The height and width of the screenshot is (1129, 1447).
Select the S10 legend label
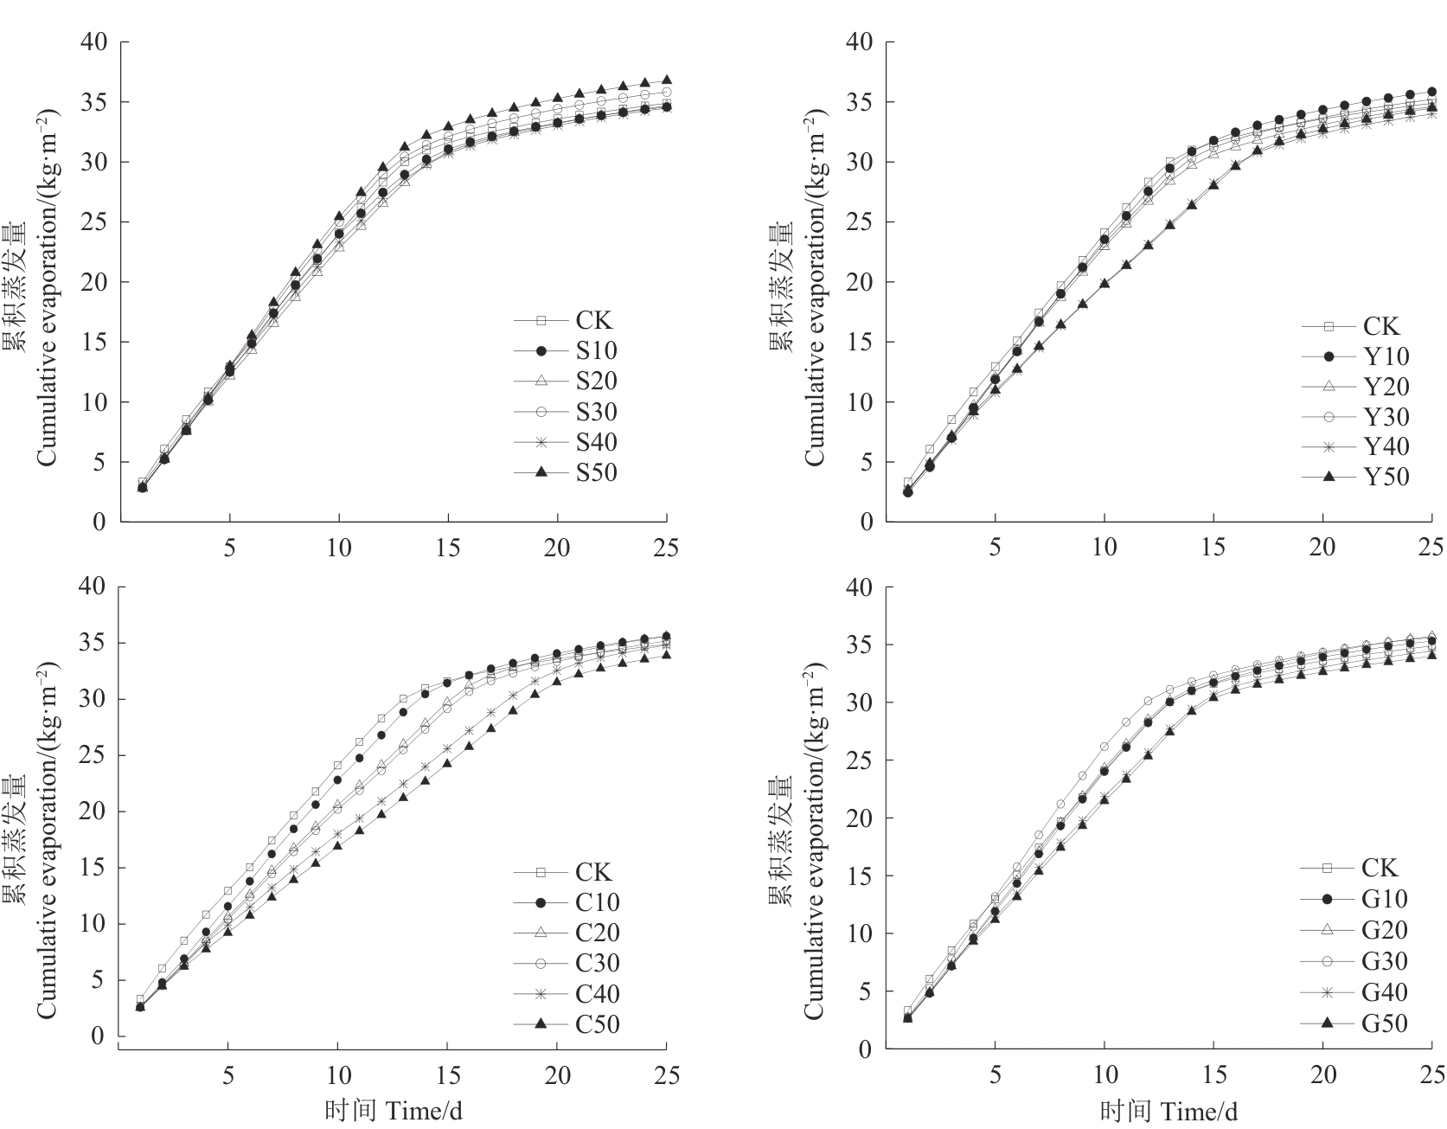point(596,350)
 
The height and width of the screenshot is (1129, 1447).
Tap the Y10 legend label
point(1386,356)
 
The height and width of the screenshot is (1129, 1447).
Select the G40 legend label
point(1384,992)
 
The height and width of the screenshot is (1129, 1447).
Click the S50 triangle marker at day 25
point(667,80)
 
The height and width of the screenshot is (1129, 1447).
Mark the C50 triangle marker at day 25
point(666,654)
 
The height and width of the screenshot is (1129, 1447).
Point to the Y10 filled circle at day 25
point(1432,92)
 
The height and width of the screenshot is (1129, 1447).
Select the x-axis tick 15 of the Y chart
point(1213,547)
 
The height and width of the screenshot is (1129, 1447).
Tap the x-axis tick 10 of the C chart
point(337,1075)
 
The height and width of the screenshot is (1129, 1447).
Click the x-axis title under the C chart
point(394,1111)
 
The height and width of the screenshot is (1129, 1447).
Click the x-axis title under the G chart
point(1170,1111)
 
